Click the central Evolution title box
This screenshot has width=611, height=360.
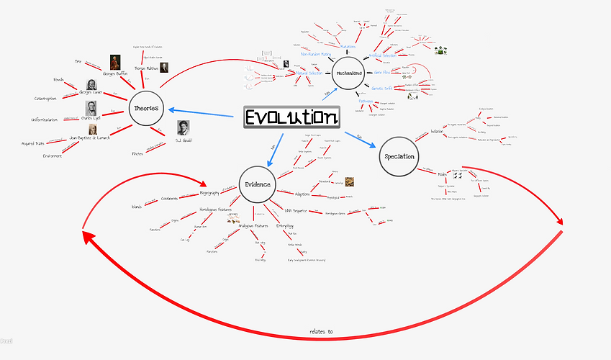291,117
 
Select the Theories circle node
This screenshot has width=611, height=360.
147,108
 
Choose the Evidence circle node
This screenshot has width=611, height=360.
257,184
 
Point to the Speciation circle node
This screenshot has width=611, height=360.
398,156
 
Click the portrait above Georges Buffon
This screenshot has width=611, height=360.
115,63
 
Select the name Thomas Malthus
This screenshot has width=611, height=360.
145,68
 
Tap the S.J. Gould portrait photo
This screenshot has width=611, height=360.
184,127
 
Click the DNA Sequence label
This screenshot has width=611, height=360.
295,210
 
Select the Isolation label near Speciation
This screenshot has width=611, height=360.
437,132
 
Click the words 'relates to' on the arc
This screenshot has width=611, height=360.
321,332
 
